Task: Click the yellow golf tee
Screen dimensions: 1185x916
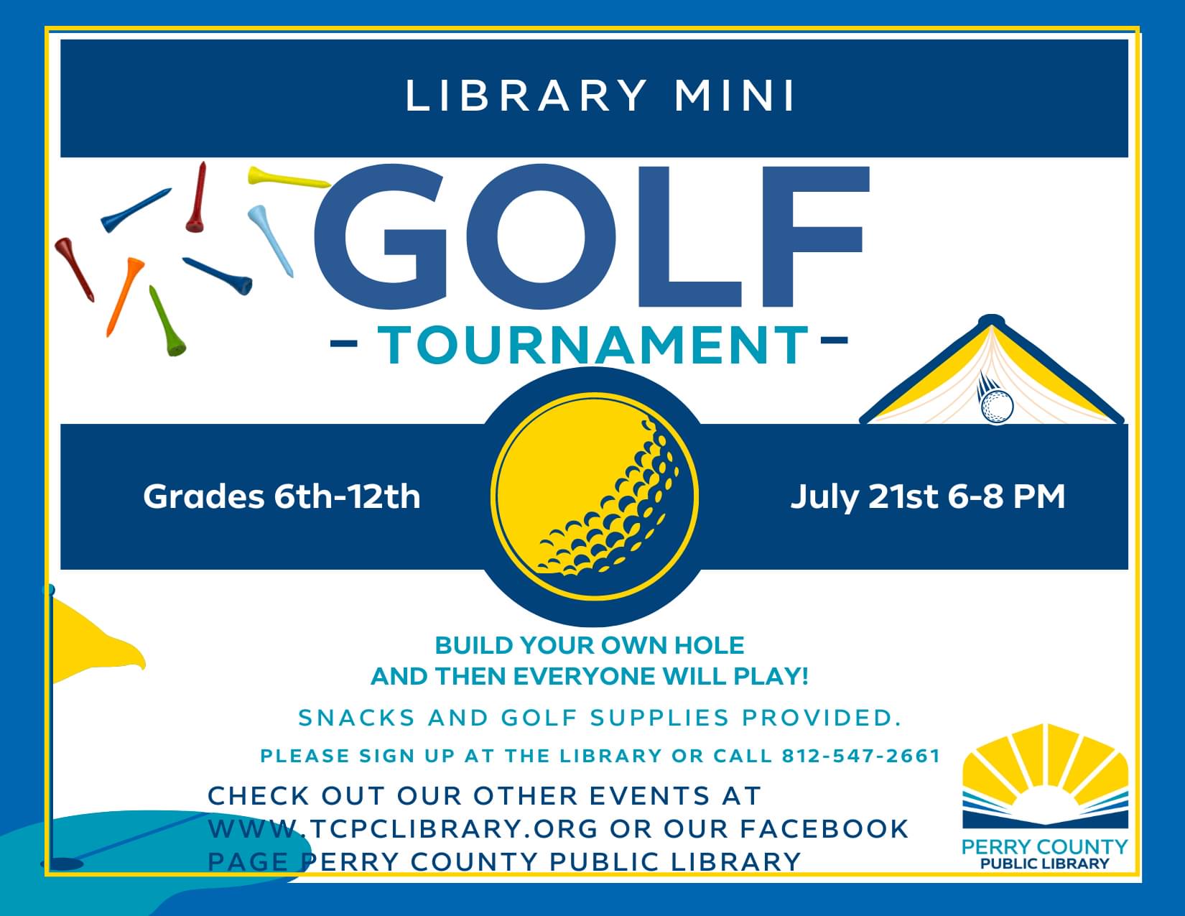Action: point(288,177)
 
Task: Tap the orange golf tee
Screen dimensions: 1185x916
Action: point(125,296)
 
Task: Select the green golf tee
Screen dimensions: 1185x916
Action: point(167,321)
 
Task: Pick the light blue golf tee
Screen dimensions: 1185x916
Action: point(271,241)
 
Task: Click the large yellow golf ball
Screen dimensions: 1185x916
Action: point(595,496)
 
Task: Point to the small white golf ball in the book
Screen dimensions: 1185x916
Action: point(998,406)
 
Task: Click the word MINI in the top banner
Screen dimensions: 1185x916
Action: point(735,96)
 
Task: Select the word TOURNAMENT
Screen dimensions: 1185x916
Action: point(592,344)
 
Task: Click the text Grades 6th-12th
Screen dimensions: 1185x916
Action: point(282,496)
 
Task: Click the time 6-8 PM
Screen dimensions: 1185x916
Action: point(1007,496)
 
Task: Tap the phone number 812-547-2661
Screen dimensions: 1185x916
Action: point(861,756)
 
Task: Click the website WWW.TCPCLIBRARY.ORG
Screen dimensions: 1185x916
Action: point(403,828)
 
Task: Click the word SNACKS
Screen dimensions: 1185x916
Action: point(357,718)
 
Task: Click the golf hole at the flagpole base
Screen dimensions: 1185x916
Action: point(62,864)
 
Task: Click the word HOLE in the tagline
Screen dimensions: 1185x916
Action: point(709,645)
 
